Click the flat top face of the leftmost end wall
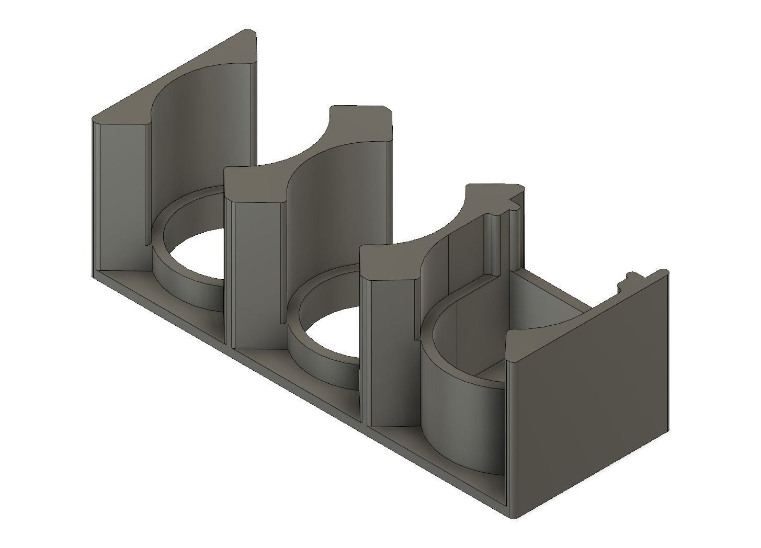coord(173,78)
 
